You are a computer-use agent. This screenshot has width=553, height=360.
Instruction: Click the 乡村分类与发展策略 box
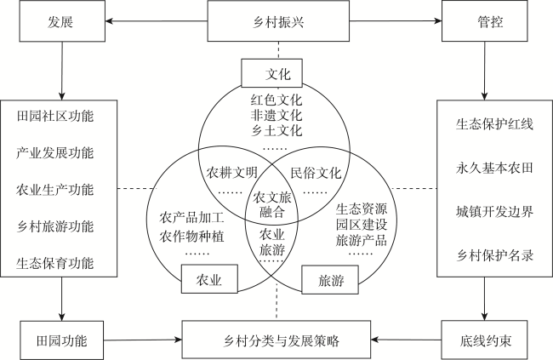coord(276,339)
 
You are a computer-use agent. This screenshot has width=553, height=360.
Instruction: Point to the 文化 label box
coord(276,72)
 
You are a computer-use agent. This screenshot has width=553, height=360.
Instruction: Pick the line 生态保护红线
coord(493,125)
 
